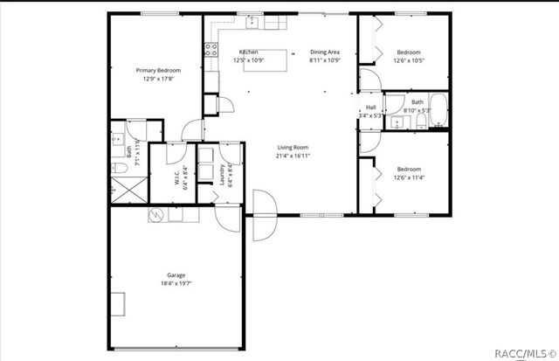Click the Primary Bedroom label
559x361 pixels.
(157, 70)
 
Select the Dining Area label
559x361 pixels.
(324, 52)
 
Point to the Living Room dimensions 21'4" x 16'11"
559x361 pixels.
(294, 156)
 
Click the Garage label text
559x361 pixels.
(176, 274)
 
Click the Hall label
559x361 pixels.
(371, 108)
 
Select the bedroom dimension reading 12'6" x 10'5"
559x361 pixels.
(409, 60)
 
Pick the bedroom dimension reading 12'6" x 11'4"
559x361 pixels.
(409, 178)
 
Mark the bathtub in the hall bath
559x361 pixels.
(438, 112)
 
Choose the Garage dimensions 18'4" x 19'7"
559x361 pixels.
(176, 283)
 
